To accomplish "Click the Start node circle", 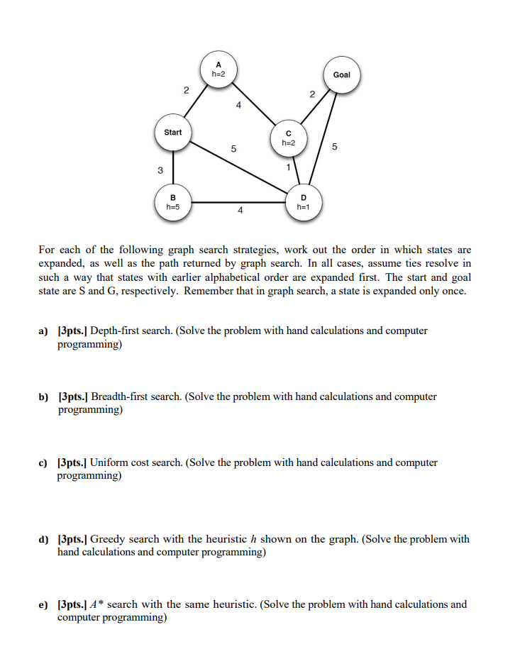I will [x=172, y=133].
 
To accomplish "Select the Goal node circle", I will [x=341, y=75].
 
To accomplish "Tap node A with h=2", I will [x=218, y=70].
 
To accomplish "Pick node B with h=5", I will [x=172, y=202].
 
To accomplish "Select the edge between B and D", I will [x=238, y=202].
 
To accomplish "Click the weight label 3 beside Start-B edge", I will [x=160, y=170].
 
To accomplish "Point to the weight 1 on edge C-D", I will [x=288, y=167].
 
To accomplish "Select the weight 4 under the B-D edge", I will [x=240, y=211].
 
